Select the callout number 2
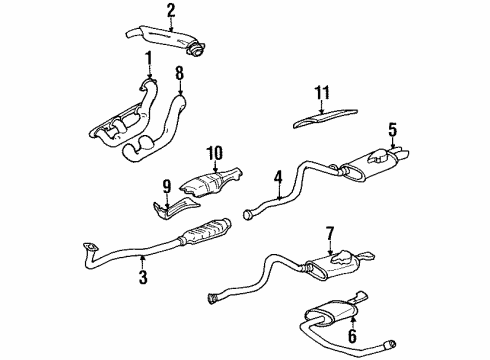pos(171,11)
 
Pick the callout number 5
pos(394,128)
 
